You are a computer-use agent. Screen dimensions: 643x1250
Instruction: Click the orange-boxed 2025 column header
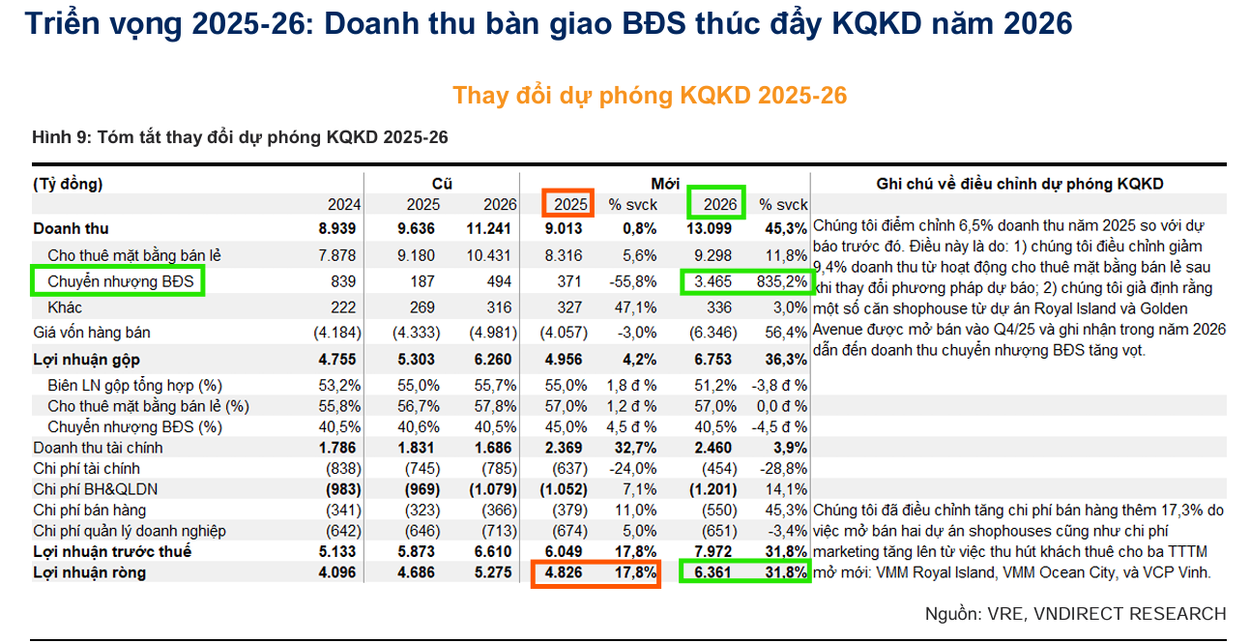[568, 204]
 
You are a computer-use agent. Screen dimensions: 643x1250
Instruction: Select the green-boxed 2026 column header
[716, 204]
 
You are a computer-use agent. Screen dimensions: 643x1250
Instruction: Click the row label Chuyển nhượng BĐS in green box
[120, 281]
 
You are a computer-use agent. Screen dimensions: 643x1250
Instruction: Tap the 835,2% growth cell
[782, 281]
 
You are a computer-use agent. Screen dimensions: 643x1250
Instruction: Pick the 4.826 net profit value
[564, 573]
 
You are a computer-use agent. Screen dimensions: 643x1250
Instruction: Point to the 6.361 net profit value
[712, 573]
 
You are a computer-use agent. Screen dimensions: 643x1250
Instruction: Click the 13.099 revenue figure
[715, 229]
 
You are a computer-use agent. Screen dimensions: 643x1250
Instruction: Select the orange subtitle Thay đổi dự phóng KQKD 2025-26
[650, 95]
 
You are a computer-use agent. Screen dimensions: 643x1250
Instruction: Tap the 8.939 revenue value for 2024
[337, 229]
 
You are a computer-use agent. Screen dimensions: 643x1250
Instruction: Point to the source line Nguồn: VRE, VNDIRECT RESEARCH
[1075, 614]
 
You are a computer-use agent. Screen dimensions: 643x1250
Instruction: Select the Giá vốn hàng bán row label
[91, 333]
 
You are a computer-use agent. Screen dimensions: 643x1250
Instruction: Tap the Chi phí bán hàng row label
[90, 510]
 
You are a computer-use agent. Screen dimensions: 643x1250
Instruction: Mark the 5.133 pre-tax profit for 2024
[337, 551]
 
